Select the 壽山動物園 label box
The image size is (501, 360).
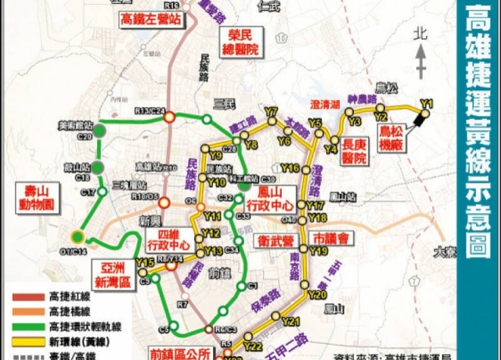[x=37, y=200]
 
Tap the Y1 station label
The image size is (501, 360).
[x=427, y=102]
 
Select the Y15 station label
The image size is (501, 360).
[x=144, y=262]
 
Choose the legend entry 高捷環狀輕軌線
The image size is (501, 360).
[x=81, y=325]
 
